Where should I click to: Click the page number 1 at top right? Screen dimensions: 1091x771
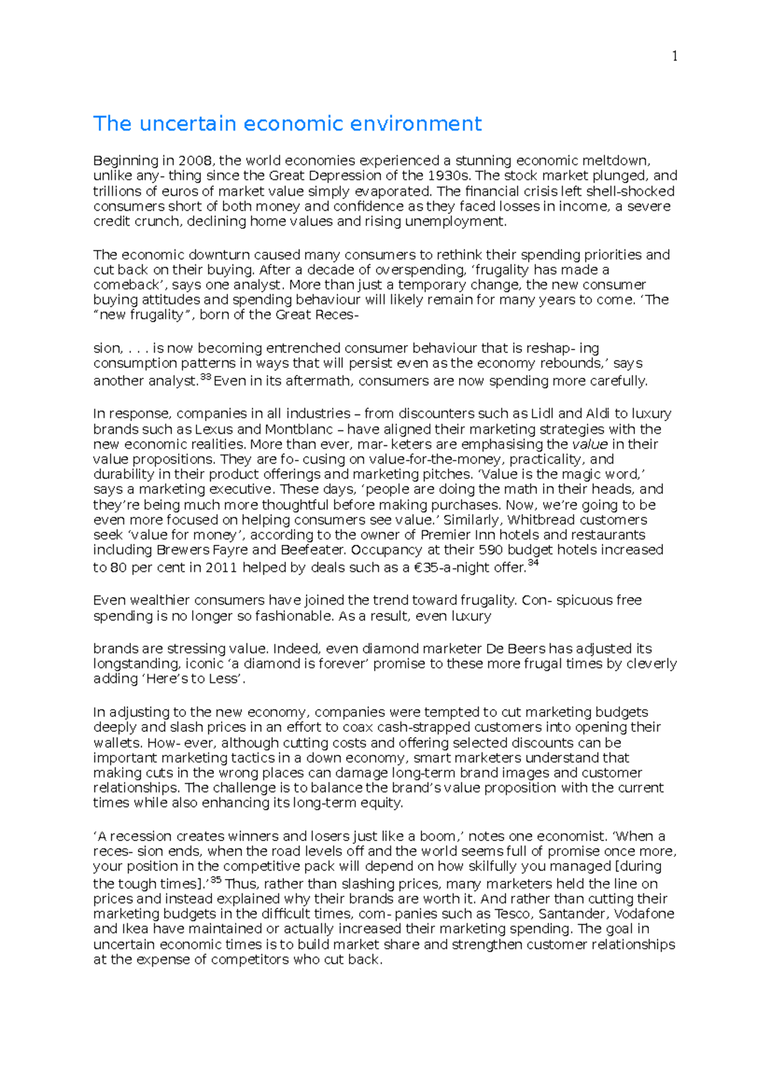(675, 57)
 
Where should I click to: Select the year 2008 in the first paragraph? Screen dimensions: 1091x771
(194, 161)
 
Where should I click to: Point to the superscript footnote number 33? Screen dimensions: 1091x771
(206, 377)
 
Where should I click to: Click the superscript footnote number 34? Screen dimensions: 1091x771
(533, 563)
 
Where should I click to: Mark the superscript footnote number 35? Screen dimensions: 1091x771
(216, 880)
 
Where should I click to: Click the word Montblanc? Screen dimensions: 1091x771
(299, 429)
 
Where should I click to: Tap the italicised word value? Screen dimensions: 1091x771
(590, 444)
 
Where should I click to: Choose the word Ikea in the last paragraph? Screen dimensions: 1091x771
(134, 929)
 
